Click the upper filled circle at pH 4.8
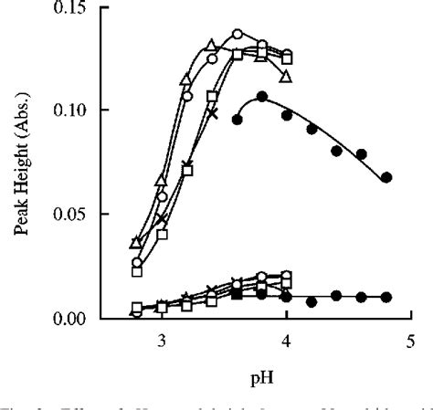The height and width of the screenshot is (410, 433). pyautogui.click(x=386, y=177)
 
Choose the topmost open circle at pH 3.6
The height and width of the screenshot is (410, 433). pyautogui.click(x=238, y=35)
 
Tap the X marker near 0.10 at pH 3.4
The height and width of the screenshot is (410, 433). pyautogui.click(x=212, y=113)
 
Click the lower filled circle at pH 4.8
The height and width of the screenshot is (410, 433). pyautogui.click(x=386, y=297)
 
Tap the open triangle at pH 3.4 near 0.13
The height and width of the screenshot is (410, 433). pyautogui.click(x=212, y=46)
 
